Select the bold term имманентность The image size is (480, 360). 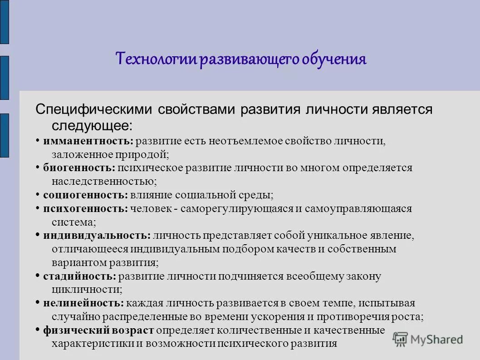coord(88,141)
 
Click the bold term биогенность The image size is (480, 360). coord(79,168)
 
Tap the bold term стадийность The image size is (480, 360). coord(80,276)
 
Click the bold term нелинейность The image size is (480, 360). coord(83,303)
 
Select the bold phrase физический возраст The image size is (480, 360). coord(98,330)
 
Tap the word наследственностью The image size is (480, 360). coord(104,182)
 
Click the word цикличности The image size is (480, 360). coord(87,289)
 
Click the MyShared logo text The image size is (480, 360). coord(436,339)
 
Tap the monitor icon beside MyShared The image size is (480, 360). coord(400,339)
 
